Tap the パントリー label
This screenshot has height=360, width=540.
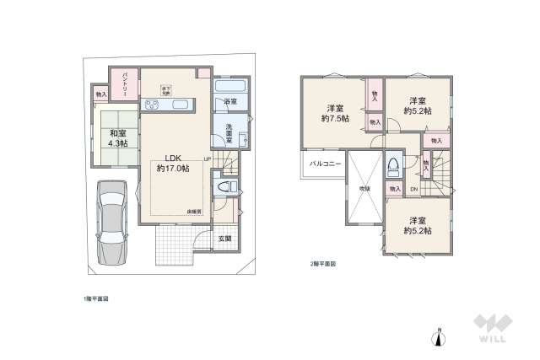coord(123,83)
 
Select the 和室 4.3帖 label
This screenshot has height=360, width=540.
coord(116,137)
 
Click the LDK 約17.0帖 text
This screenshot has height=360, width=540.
coord(173,163)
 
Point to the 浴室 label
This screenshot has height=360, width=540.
coord(230,102)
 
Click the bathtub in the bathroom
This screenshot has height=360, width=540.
coord(230,86)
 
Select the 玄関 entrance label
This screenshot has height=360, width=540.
coord(225,239)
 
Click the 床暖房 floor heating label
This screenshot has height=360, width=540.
coord(193,211)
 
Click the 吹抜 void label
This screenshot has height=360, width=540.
coord(364,188)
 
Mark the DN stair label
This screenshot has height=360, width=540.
coord(413,189)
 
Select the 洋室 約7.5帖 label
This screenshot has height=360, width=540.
coord(335,113)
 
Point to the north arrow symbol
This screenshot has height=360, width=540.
coord(438,337)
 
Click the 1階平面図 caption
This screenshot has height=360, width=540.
coord(94,298)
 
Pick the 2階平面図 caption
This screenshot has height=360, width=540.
coord(323,264)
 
